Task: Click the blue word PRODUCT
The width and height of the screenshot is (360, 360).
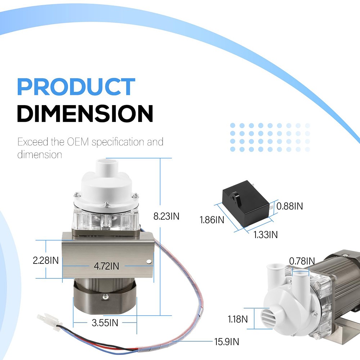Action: click(x=76, y=86)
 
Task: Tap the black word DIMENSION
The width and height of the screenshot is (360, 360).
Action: click(x=85, y=113)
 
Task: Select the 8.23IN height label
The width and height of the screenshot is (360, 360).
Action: click(x=166, y=216)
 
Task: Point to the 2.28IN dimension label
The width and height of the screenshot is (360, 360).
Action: click(x=46, y=260)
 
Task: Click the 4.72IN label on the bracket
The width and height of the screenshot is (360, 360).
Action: click(x=107, y=266)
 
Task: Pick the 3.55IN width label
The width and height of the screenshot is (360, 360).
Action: click(x=105, y=323)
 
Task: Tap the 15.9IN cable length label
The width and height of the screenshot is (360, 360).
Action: click(x=226, y=342)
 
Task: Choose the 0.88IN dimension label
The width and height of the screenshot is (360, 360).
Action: click(x=289, y=206)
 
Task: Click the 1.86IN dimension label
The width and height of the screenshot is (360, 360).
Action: click(x=212, y=220)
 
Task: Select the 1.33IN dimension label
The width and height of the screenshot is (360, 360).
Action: click(x=265, y=235)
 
